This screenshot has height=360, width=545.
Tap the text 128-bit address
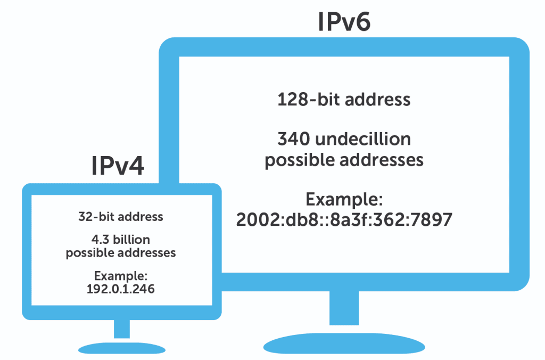[344, 100]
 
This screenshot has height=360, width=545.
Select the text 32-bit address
[120, 217]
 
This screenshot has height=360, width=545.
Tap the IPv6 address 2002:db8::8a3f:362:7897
[344, 219]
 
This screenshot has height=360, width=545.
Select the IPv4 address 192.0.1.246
[120, 290]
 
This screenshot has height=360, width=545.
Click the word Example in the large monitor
[344, 201]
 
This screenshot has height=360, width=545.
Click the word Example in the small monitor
[120, 276]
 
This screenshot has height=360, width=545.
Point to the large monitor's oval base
[344, 343]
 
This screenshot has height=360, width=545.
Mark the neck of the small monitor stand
[122, 329]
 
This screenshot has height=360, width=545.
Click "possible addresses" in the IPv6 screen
[344, 160]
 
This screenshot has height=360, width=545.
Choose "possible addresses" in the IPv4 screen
[120, 252]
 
